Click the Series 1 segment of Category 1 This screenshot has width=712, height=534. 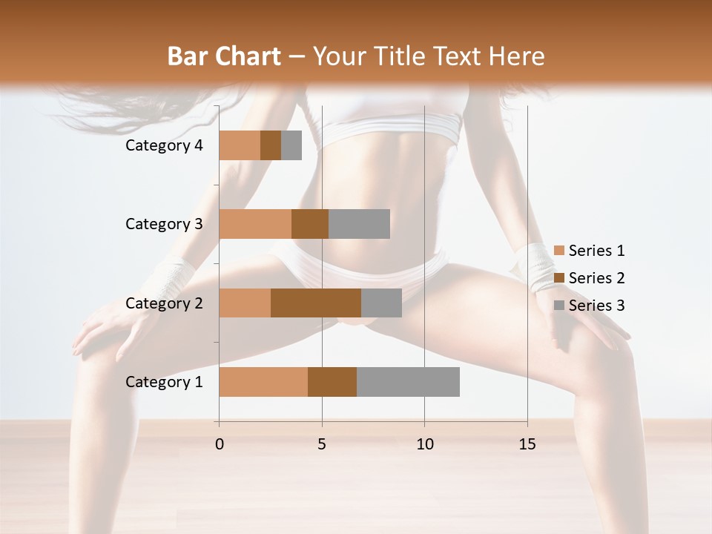263,382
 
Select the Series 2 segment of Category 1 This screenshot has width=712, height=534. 332,382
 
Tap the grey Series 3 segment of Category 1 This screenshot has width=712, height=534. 408,382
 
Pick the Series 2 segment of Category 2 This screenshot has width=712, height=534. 316,303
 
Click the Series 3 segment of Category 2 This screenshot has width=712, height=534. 381,303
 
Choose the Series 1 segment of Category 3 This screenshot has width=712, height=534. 255,224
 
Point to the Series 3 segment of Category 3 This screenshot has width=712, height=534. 359,224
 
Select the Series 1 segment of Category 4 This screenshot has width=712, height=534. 240,145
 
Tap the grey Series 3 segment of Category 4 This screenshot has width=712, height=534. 291,145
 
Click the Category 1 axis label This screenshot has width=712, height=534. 164,382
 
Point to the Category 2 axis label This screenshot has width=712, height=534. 164,303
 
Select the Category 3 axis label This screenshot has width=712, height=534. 164,224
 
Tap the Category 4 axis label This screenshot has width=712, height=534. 164,145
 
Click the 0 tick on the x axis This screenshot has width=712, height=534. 219,444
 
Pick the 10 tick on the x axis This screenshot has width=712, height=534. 424,444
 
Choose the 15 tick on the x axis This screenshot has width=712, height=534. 527,444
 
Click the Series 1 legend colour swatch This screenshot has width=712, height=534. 558,251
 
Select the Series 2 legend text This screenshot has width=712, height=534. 596,278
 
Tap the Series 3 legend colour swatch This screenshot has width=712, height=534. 558,306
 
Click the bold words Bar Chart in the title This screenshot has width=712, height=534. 224,56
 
